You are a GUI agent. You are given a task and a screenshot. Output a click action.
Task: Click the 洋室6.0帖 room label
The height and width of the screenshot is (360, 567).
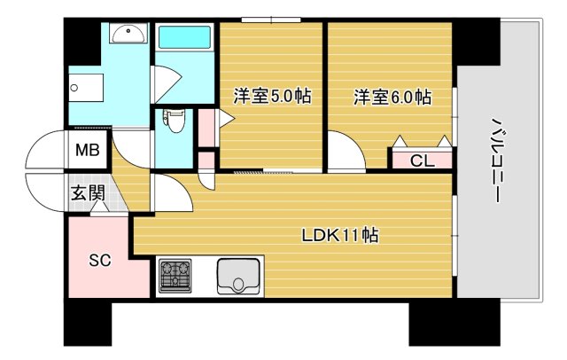click(x=392, y=96)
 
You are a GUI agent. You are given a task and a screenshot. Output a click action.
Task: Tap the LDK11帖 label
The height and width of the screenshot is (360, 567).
click(x=341, y=236)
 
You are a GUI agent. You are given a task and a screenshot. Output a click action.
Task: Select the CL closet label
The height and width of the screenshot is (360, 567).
click(x=422, y=160)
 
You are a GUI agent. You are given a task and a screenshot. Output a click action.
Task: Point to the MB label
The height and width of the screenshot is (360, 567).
click(x=86, y=150)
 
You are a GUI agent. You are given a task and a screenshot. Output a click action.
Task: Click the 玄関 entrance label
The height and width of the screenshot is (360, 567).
click(x=87, y=193)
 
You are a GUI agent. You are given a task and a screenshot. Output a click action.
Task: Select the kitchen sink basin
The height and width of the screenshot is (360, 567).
click(x=237, y=276)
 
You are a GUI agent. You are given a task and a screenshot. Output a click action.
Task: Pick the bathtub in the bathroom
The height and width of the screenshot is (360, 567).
click(x=184, y=41)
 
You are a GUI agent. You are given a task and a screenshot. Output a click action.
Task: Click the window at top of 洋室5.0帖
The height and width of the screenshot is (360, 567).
click(x=269, y=20)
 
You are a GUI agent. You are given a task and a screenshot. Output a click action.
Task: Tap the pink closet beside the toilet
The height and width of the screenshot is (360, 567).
click(x=207, y=126)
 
